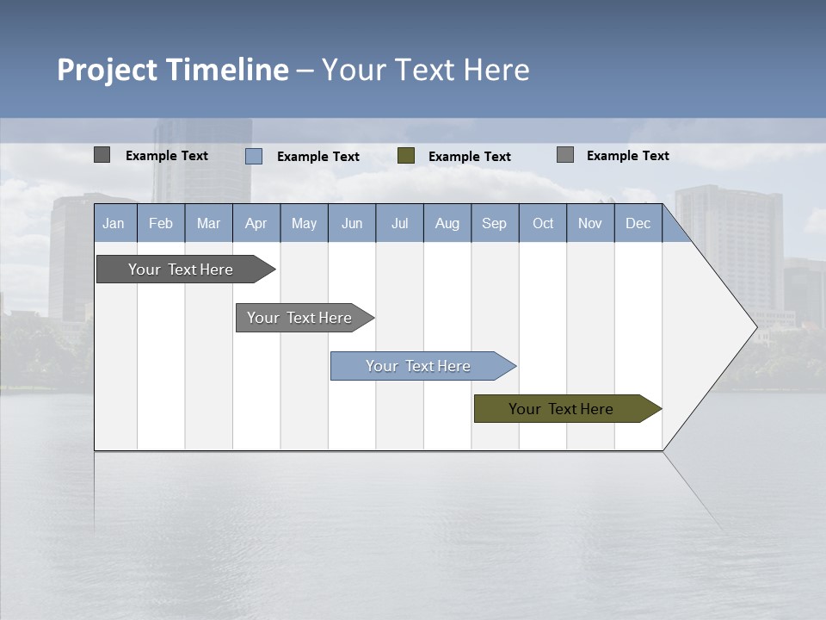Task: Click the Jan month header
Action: [114, 223]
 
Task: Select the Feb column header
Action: [161, 223]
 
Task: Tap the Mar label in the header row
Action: [208, 223]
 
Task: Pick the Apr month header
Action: [256, 223]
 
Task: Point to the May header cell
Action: [304, 223]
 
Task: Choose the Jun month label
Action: [352, 223]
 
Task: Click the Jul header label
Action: [399, 223]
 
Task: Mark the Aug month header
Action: [447, 223]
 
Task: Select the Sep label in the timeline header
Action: [494, 223]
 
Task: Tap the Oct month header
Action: [543, 223]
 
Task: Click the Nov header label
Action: [590, 223]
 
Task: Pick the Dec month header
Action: [638, 223]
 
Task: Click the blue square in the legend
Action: [254, 156]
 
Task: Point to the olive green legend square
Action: [406, 156]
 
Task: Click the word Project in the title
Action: [108, 70]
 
